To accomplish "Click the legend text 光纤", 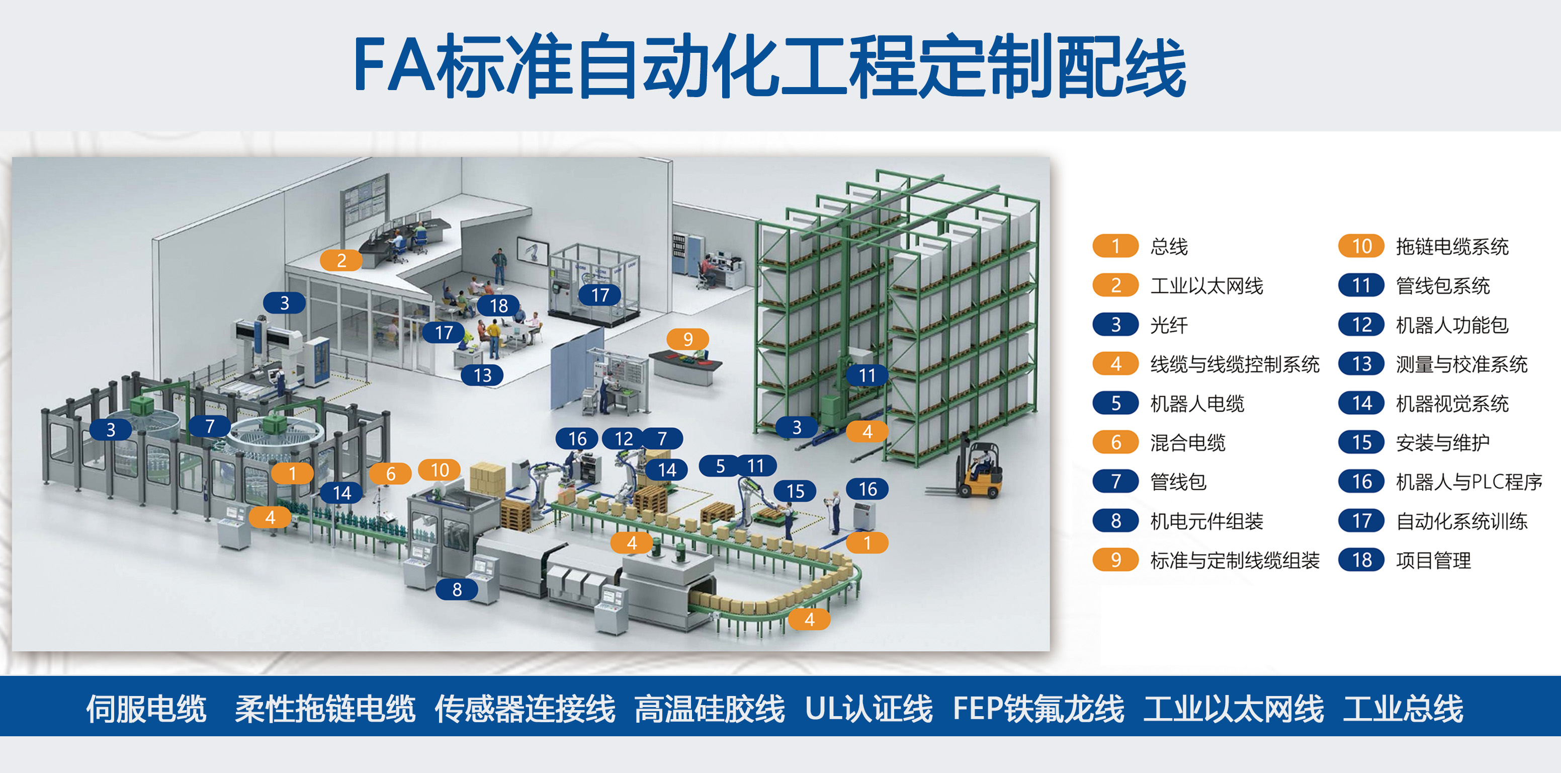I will pyautogui.click(x=1169, y=325).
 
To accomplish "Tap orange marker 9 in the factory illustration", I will pyautogui.click(x=688, y=339).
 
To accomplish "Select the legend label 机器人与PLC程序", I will pyautogui.click(x=1468, y=482).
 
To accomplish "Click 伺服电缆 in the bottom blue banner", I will pyautogui.click(x=146, y=708).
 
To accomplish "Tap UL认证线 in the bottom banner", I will pyautogui.click(x=869, y=708).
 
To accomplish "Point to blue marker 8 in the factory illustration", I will pyautogui.click(x=457, y=589).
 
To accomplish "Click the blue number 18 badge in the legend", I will pyautogui.click(x=1361, y=560).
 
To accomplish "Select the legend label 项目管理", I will pyautogui.click(x=1433, y=560).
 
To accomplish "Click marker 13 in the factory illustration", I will pyautogui.click(x=482, y=375).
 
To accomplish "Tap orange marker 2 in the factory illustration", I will pyautogui.click(x=341, y=261).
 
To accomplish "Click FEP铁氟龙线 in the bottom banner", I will pyautogui.click(x=1038, y=708).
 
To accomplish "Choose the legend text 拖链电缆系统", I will pyautogui.click(x=1452, y=247).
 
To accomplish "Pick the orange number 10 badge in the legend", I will pyautogui.click(x=1361, y=246).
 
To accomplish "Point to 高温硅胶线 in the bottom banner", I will pyautogui.click(x=709, y=708).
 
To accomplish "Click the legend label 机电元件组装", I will pyautogui.click(x=1206, y=521).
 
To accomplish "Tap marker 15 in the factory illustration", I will pyautogui.click(x=796, y=491).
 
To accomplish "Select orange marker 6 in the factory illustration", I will pyautogui.click(x=391, y=474).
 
